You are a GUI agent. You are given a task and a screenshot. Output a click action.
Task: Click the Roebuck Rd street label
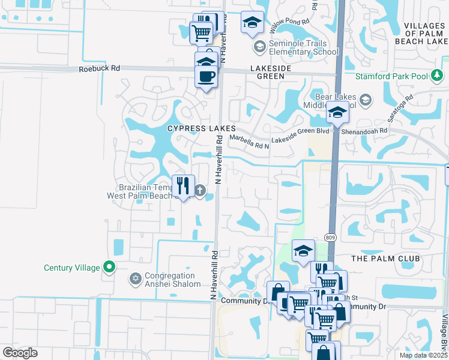pyautogui.click(x=99, y=69)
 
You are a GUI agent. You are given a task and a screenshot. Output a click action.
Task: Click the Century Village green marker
pyautogui.click(x=109, y=267)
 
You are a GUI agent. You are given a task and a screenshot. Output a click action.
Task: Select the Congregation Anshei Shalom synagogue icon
pyautogui.click(x=135, y=279)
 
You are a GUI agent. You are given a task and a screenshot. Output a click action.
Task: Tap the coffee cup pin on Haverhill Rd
pyautogui.click(x=206, y=77)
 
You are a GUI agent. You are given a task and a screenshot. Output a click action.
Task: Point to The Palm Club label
pyautogui.click(x=384, y=258)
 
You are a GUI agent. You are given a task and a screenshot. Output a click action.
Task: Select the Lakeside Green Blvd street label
pyautogui.click(x=300, y=131)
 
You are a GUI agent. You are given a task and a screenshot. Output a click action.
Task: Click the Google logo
pyautogui.click(x=20, y=353)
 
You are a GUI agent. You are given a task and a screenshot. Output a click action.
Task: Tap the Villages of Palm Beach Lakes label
pyautogui.click(x=421, y=33)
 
